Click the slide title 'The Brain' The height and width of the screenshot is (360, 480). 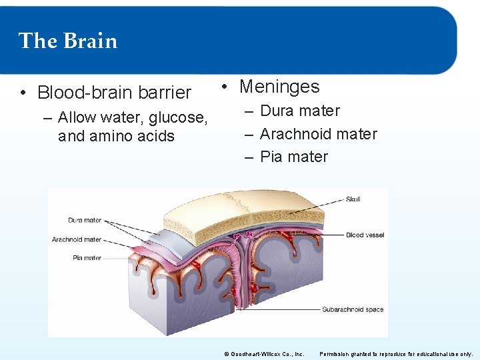[68, 41]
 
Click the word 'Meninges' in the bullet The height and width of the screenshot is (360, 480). [279, 87]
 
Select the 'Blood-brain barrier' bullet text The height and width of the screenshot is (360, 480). [114, 92]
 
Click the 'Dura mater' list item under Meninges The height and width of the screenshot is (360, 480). [299, 111]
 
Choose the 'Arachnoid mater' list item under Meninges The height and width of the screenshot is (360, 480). [318, 135]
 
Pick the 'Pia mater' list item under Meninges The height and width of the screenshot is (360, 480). [293, 157]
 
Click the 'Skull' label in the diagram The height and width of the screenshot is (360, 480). [353, 199]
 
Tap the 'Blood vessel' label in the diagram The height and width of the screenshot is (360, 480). [363, 235]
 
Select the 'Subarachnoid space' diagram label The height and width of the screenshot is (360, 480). [353, 309]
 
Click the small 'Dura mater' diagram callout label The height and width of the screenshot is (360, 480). [85, 220]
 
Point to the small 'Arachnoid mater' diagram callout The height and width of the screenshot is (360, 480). [77, 239]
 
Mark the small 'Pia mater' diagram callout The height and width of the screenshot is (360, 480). [87, 258]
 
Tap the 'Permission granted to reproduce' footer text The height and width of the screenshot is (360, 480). [396, 354]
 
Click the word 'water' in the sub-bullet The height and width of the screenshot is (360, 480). [122, 118]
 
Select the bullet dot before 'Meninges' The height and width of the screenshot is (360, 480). [226, 87]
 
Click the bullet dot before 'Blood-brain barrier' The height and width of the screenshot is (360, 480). [23, 93]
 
